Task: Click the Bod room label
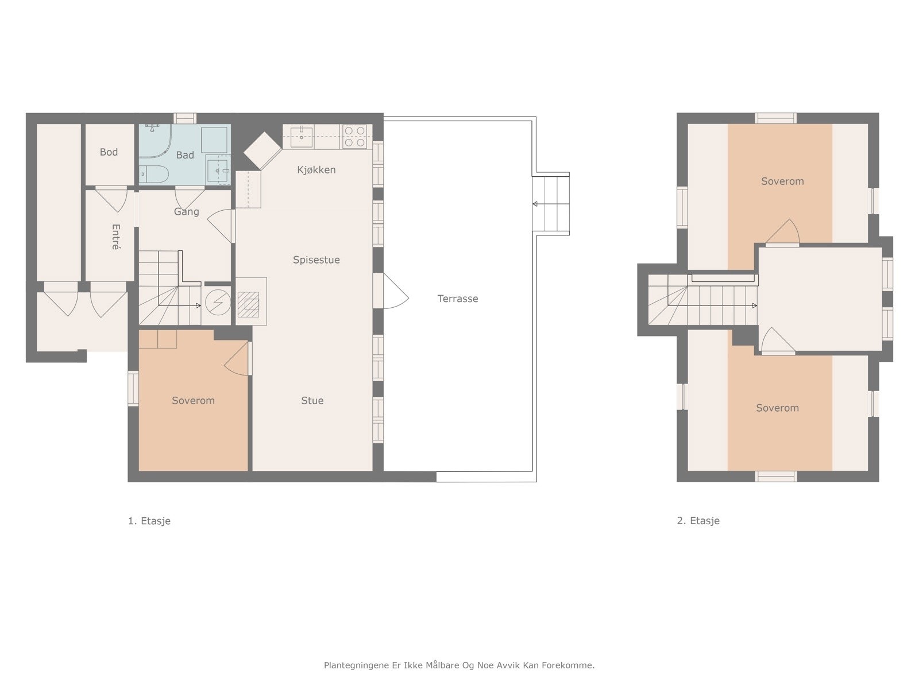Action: point(109,152)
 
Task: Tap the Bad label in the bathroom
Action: point(184,155)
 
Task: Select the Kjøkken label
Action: point(316,170)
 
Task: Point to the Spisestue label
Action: point(316,260)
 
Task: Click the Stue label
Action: point(312,400)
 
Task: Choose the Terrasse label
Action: point(458,299)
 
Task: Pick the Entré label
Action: point(116,237)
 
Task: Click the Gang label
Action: point(186,212)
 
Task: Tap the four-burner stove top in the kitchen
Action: point(354,137)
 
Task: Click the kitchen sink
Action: point(302,137)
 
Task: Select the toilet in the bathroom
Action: point(154,175)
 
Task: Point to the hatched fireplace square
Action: point(248,304)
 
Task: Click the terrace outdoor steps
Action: point(551,204)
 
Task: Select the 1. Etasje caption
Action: point(149,521)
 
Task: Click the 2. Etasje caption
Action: point(698,521)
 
